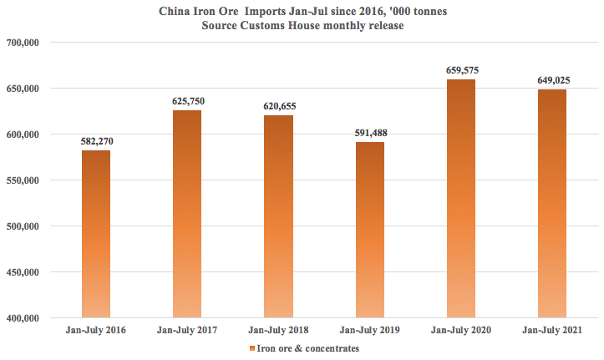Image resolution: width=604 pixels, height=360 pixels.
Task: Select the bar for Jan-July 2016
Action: tap(96, 234)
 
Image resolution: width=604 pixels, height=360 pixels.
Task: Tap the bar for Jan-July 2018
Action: tap(278, 216)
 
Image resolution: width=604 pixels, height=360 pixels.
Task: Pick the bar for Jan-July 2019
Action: tap(369, 230)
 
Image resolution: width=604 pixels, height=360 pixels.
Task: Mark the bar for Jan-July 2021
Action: tap(551, 204)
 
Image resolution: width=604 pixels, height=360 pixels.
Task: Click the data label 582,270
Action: tap(96, 141)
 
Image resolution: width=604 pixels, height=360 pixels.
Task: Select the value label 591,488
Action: tap(369, 133)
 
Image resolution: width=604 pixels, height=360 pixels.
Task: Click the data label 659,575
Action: tap(460, 70)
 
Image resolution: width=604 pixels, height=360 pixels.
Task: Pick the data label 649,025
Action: tap(551, 80)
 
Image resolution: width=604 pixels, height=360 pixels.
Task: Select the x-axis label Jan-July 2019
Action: tap(369, 331)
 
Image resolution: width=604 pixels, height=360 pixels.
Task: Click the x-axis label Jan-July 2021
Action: tap(551, 331)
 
